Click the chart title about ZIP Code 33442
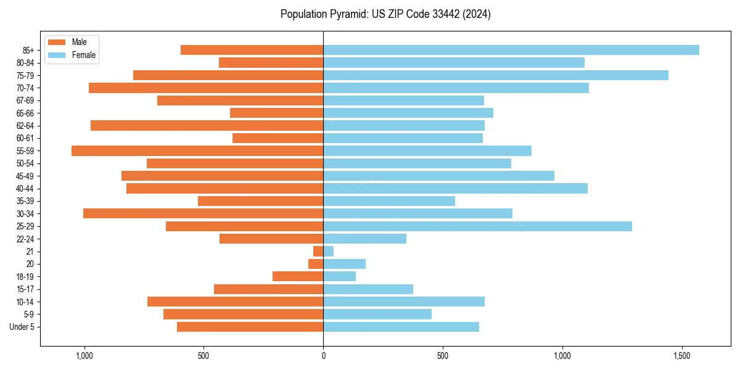(x=385, y=14)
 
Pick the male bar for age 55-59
(x=197, y=150)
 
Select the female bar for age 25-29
(x=477, y=226)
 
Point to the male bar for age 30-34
(x=203, y=213)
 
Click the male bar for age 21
(x=318, y=252)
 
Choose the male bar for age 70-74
(x=206, y=88)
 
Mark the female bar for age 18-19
(x=339, y=276)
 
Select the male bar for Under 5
(x=250, y=327)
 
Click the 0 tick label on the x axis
(x=323, y=356)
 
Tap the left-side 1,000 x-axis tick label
(x=84, y=356)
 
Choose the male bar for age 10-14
(x=235, y=302)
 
